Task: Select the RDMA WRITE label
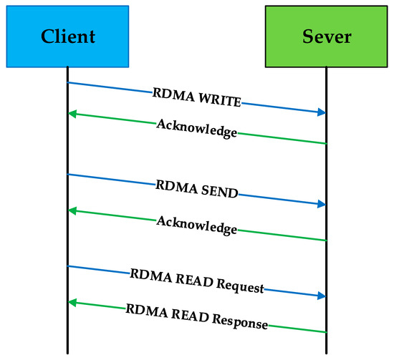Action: [196, 98]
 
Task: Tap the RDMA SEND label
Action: [196, 190]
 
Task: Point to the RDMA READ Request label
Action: [196, 281]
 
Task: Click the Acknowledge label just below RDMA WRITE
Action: [196, 128]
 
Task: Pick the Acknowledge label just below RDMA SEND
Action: [196, 221]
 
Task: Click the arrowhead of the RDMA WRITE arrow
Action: [321, 112]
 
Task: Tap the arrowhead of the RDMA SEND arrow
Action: [321, 204]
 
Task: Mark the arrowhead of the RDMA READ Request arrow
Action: [321, 295]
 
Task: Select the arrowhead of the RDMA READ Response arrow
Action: [73, 303]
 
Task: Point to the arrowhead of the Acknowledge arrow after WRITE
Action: [73, 114]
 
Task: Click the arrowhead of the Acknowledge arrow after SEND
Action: [73, 210]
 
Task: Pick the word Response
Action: [240, 321]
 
